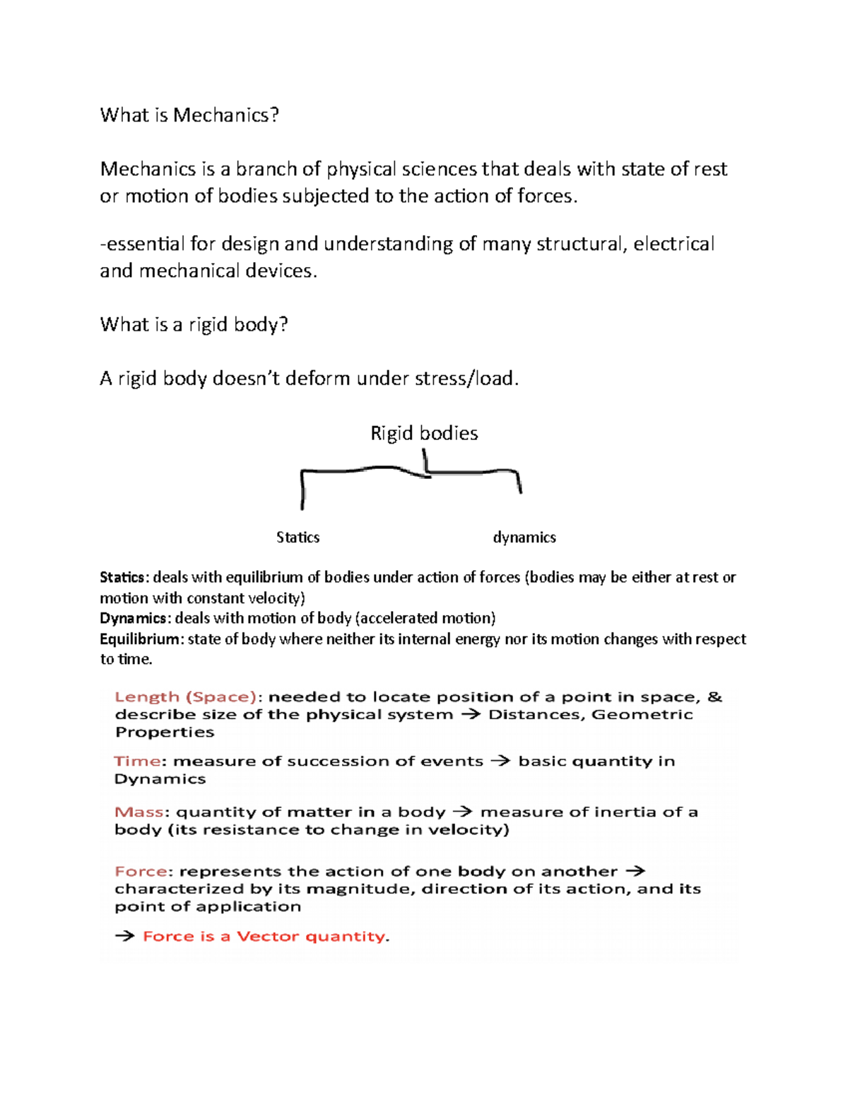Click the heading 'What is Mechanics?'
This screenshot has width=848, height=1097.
(x=189, y=115)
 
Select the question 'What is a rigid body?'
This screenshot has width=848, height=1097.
(x=194, y=324)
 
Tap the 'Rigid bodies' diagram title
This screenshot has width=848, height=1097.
(x=424, y=433)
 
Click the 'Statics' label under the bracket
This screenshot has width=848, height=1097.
(x=298, y=538)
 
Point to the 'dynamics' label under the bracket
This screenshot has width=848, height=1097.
(x=524, y=538)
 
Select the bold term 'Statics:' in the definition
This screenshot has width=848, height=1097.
(x=124, y=577)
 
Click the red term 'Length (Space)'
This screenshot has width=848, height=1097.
(x=185, y=697)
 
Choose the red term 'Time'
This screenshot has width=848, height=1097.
(x=137, y=761)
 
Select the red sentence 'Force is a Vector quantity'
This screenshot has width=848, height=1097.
(x=265, y=937)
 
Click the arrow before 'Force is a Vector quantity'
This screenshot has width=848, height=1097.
(x=124, y=937)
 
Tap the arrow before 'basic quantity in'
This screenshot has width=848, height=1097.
(x=500, y=761)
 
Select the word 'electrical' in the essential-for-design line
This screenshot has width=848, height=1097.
(x=673, y=244)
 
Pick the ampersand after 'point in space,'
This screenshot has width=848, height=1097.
(x=715, y=697)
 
